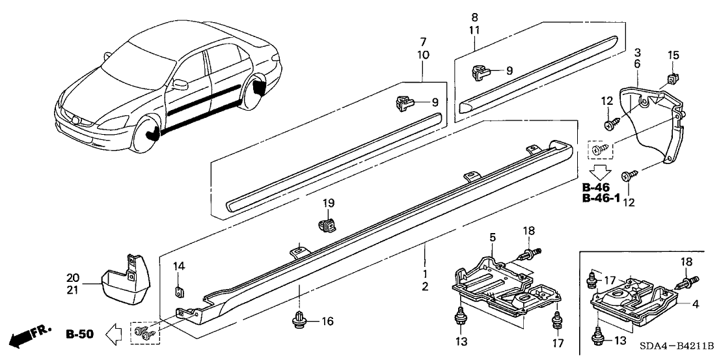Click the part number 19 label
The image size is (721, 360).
point(329,203)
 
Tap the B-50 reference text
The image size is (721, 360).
point(80,335)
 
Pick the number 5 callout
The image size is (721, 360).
point(493,236)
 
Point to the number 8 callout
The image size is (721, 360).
point(474,17)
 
